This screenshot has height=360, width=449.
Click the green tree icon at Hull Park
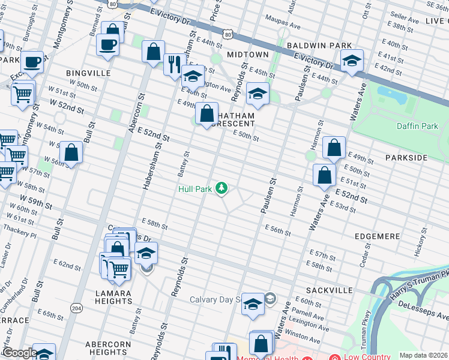click(222, 188)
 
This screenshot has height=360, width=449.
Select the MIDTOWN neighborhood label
click(247, 55)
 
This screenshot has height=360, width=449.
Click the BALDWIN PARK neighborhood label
click(318, 46)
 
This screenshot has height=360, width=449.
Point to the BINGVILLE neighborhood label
click(89, 73)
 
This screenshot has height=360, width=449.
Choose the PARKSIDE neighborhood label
click(406, 157)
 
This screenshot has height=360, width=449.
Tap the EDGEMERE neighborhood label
click(376, 236)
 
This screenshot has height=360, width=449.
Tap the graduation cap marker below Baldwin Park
click(352, 60)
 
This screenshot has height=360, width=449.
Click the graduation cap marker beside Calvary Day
click(253, 304)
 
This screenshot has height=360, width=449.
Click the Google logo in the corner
click(19, 353)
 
